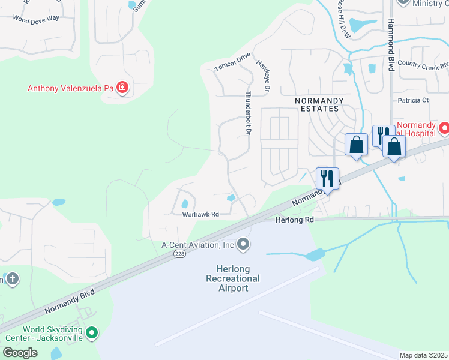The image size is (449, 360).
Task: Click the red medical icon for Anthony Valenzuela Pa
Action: pos(122,88)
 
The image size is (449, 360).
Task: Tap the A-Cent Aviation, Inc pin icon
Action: pos(243,244)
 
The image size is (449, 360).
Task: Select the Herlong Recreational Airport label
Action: pos(232,278)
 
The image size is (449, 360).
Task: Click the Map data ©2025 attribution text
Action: pos(423,355)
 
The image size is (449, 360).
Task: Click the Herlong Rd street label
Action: pos(295,220)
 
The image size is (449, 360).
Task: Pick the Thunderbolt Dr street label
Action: pos(248,112)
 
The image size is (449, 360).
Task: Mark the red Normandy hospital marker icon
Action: pos(444,128)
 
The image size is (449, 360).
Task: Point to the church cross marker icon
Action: pos(11,278)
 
